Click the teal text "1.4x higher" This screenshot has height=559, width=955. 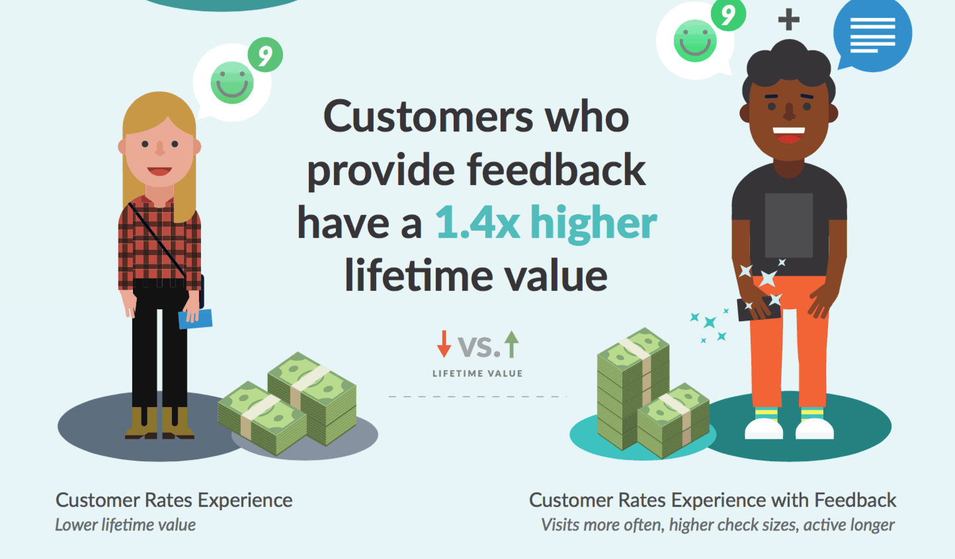(x=546, y=223)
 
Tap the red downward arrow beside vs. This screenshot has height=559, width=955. (x=444, y=344)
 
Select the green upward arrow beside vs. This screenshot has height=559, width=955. (x=512, y=344)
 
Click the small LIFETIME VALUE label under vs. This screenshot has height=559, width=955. (x=477, y=374)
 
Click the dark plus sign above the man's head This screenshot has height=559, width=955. (x=789, y=20)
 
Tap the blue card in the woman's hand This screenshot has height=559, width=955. (x=195, y=319)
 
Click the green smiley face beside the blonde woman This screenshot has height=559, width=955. (x=232, y=83)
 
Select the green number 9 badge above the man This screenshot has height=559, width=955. (x=728, y=15)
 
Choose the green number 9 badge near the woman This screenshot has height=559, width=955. (x=265, y=55)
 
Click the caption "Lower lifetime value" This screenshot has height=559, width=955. (x=126, y=525)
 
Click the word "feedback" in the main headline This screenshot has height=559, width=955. (x=556, y=170)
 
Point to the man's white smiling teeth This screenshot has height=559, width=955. (x=789, y=131)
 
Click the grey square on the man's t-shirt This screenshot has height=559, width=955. (x=789, y=225)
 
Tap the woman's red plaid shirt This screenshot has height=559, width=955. (x=159, y=245)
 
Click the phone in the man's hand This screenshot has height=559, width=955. (x=759, y=309)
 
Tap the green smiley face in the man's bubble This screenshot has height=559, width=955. (x=695, y=41)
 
